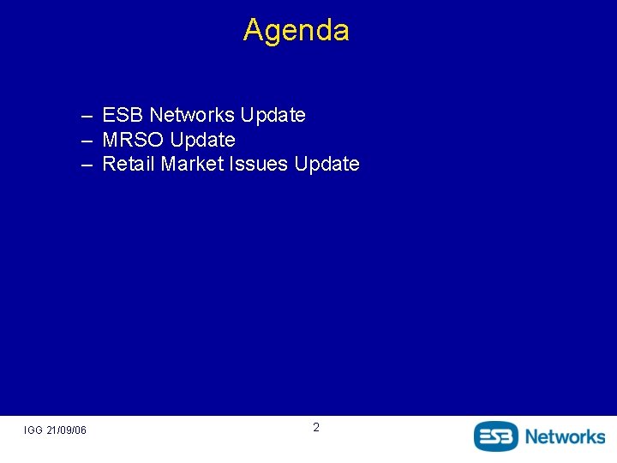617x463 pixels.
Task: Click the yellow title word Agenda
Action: (297, 30)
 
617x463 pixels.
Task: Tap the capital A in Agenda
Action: (253, 30)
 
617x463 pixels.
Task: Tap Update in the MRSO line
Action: (203, 140)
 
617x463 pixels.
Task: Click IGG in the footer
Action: (33, 430)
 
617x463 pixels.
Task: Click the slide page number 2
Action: (315, 427)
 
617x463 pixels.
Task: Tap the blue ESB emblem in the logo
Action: (496, 436)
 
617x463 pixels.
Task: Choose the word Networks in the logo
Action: (565, 436)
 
